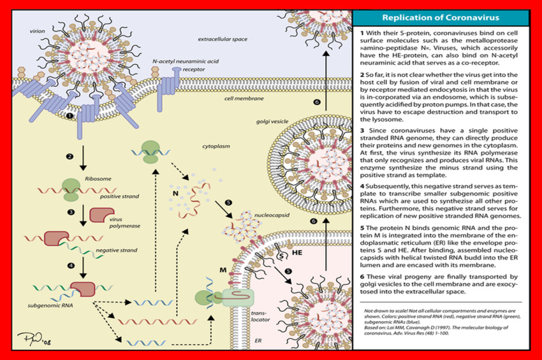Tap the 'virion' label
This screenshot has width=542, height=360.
[38, 31]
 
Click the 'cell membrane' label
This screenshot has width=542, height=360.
[240, 99]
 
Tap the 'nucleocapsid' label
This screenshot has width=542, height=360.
[272, 216]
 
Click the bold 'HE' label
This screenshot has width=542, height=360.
[297, 253]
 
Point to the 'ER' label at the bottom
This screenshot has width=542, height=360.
[258, 340]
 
